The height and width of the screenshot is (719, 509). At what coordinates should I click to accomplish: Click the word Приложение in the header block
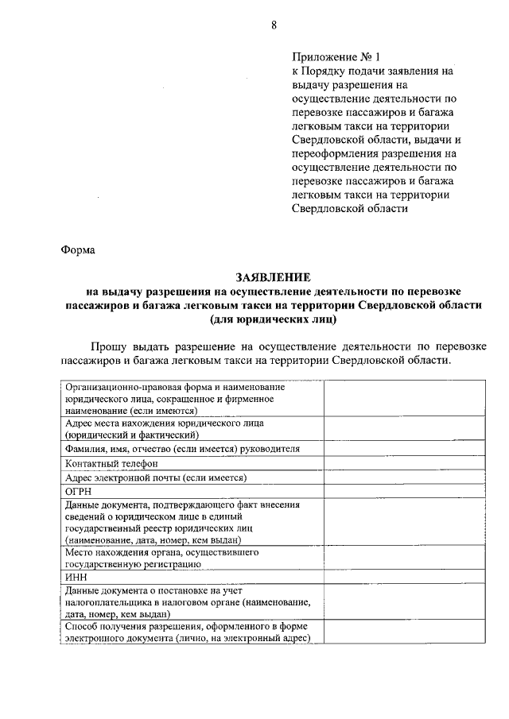pos(322,56)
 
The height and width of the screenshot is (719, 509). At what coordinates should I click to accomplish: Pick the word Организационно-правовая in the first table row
pos(121,387)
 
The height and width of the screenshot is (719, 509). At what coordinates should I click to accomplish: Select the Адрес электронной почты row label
pos(156,477)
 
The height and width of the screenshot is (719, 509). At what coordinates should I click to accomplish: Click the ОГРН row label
pos(79,492)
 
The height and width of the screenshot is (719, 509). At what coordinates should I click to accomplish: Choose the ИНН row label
pos(76,578)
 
